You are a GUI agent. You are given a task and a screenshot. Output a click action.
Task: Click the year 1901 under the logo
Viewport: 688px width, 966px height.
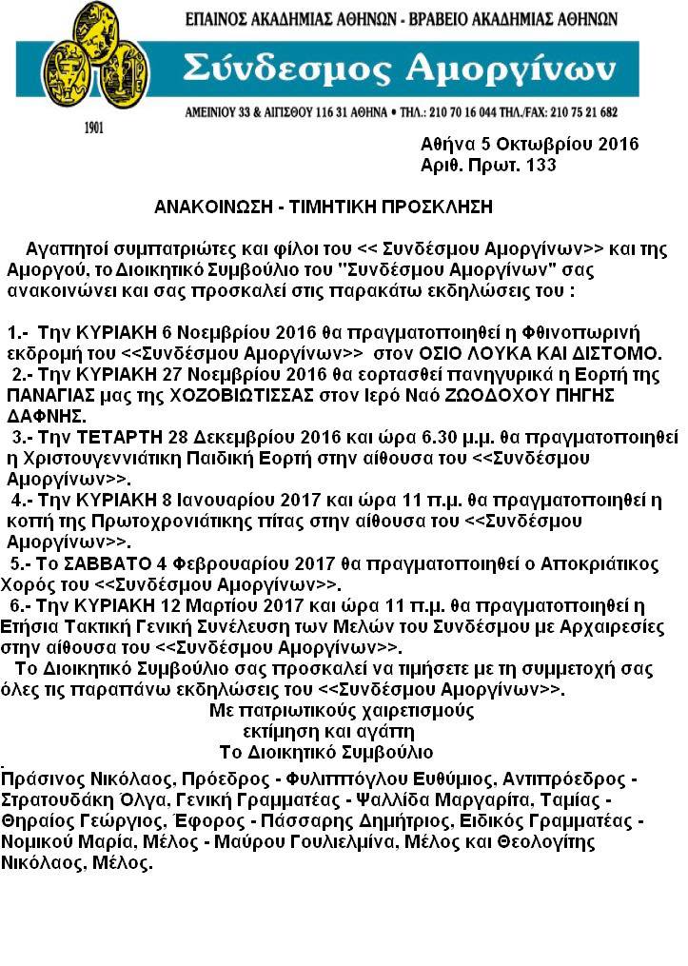click(x=94, y=128)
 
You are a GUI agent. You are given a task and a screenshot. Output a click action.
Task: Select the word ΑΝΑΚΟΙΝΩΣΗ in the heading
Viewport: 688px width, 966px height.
click(x=211, y=207)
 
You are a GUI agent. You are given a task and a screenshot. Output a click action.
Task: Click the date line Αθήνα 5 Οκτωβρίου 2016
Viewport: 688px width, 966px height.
click(x=529, y=145)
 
